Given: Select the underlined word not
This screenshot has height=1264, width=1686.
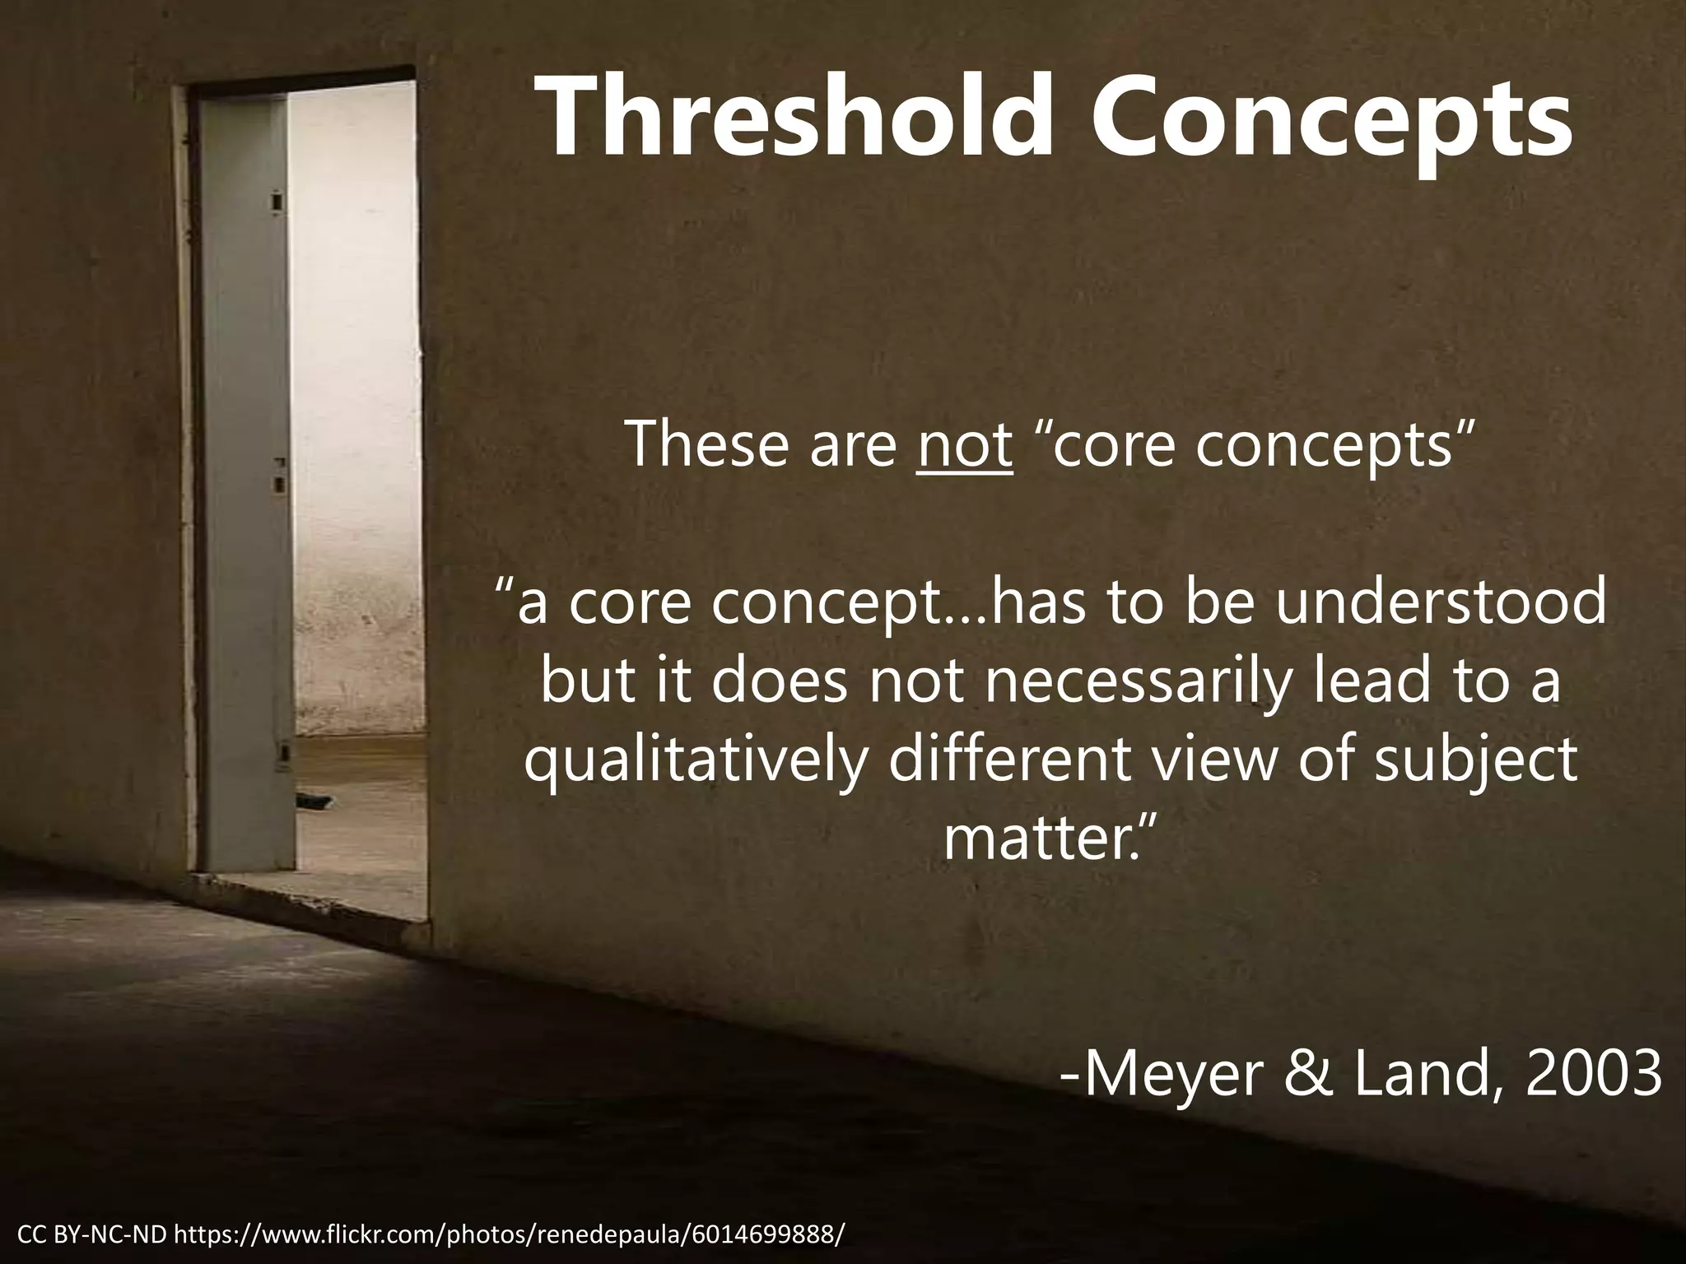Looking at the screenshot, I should [x=965, y=444].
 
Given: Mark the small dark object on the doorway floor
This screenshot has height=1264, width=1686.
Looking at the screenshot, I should [x=315, y=797].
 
